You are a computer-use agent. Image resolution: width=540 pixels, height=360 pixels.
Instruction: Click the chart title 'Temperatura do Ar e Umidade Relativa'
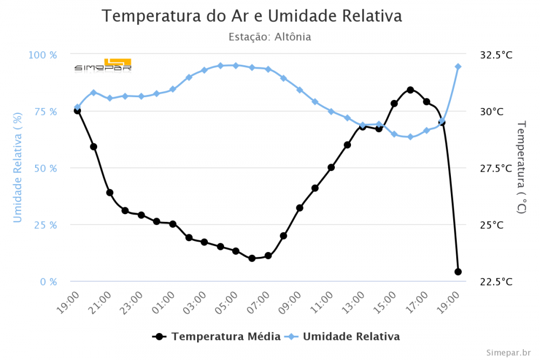point(252,16)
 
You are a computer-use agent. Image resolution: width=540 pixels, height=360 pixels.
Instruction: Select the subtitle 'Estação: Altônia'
point(269,37)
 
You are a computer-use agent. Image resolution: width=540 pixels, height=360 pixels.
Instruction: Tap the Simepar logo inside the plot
point(103,65)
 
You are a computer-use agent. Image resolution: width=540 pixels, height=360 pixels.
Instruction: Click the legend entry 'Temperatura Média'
point(226,336)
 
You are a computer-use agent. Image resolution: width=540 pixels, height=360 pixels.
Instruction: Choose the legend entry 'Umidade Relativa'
point(351,336)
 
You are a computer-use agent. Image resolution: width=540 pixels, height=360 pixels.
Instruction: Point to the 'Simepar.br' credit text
point(508,352)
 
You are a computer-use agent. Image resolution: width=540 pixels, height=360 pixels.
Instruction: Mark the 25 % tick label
point(45,225)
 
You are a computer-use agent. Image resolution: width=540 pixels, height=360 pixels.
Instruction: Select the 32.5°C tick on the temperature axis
point(496,55)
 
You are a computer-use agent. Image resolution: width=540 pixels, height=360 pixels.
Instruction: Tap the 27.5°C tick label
point(496,168)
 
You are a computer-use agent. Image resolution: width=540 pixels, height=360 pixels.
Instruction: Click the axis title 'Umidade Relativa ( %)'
point(18,168)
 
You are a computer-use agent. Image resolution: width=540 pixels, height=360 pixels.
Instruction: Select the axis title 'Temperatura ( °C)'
point(521,167)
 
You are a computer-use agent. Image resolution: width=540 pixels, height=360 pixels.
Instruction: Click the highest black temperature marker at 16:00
point(410,90)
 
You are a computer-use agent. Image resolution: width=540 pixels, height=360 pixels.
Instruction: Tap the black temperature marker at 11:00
point(331,167)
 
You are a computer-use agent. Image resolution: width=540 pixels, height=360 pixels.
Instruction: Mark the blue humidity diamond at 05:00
point(235,65)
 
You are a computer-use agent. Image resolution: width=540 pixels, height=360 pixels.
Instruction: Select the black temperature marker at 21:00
point(110,193)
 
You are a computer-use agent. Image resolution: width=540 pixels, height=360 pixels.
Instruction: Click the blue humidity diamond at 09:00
point(300,90)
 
